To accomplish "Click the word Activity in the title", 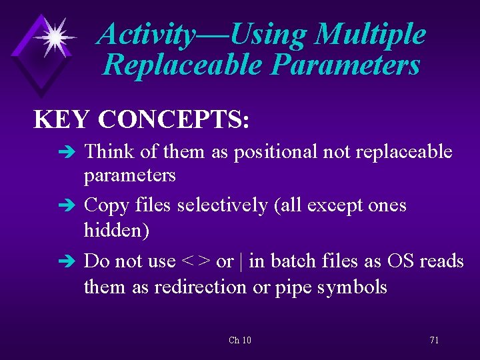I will (x=145, y=35).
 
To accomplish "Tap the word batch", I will (x=293, y=261).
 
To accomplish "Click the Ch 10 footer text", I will (x=240, y=340).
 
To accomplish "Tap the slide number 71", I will (x=434, y=340).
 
